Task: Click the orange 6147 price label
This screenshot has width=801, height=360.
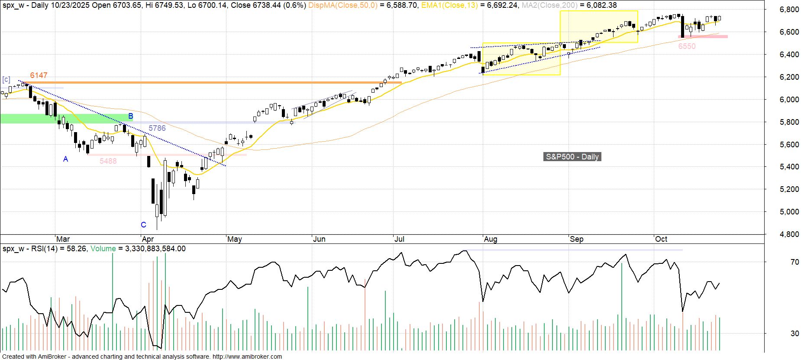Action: pyautogui.click(x=39, y=75)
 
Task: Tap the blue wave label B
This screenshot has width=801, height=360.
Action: pyautogui.click(x=131, y=116)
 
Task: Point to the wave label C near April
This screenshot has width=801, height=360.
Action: pyautogui.click(x=144, y=225)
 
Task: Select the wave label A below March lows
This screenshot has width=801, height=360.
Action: pyautogui.click(x=66, y=159)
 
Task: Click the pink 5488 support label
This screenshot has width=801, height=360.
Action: pyautogui.click(x=108, y=161)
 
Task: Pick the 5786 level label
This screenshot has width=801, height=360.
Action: pyautogui.click(x=157, y=128)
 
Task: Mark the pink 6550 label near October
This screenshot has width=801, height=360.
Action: pyautogui.click(x=687, y=46)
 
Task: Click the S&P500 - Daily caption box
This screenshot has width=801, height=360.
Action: pyautogui.click(x=572, y=157)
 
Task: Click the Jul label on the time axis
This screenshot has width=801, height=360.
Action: pyautogui.click(x=399, y=239)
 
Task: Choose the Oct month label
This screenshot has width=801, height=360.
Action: pyautogui.click(x=661, y=239)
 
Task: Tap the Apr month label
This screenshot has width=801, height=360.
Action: pyautogui.click(x=148, y=239)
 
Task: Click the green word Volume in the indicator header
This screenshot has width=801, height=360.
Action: pyautogui.click(x=103, y=249)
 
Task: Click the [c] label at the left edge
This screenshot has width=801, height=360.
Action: pyautogui.click(x=6, y=80)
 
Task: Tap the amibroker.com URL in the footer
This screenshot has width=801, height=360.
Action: pyautogui.click(x=247, y=357)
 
